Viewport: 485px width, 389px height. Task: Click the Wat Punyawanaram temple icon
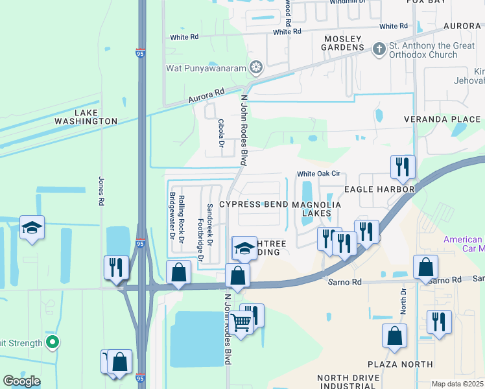(257, 67)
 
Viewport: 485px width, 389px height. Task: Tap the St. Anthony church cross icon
(379, 49)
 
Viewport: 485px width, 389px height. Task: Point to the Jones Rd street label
(101, 191)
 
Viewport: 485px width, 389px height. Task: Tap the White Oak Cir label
(318, 174)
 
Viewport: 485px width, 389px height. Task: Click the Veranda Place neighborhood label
(442, 119)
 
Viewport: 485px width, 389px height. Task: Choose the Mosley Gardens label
(343, 43)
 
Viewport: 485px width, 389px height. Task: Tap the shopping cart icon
(241, 321)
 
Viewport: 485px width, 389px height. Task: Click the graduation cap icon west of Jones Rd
(32, 228)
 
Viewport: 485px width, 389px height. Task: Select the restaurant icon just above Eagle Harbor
(403, 167)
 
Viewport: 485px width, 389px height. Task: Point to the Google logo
(21, 381)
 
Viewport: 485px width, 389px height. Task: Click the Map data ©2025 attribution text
(456, 384)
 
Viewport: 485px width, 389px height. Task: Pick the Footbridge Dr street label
(201, 241)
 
